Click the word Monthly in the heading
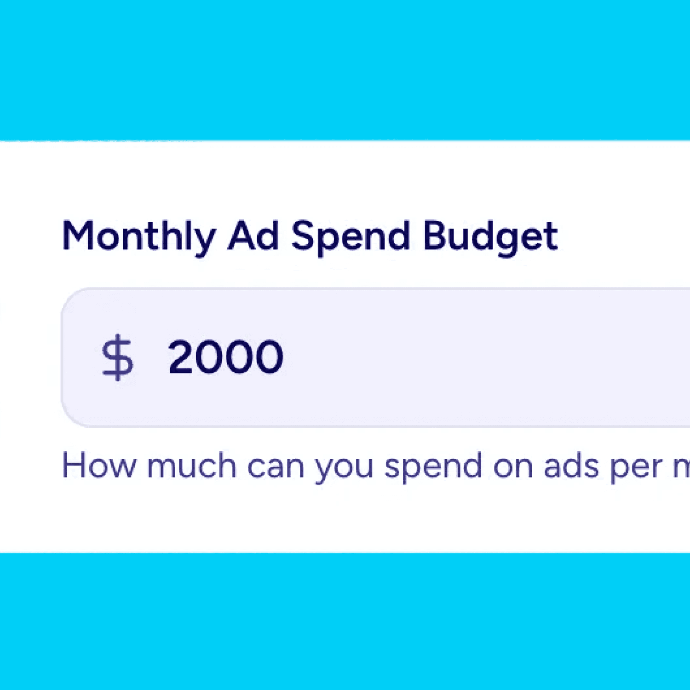(138, 236)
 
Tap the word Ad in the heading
(253, 236)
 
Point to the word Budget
(490, 236)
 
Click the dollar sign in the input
(117, 357)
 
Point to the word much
(191, 466)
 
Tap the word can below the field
(276, 466)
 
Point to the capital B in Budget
(435, 236)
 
